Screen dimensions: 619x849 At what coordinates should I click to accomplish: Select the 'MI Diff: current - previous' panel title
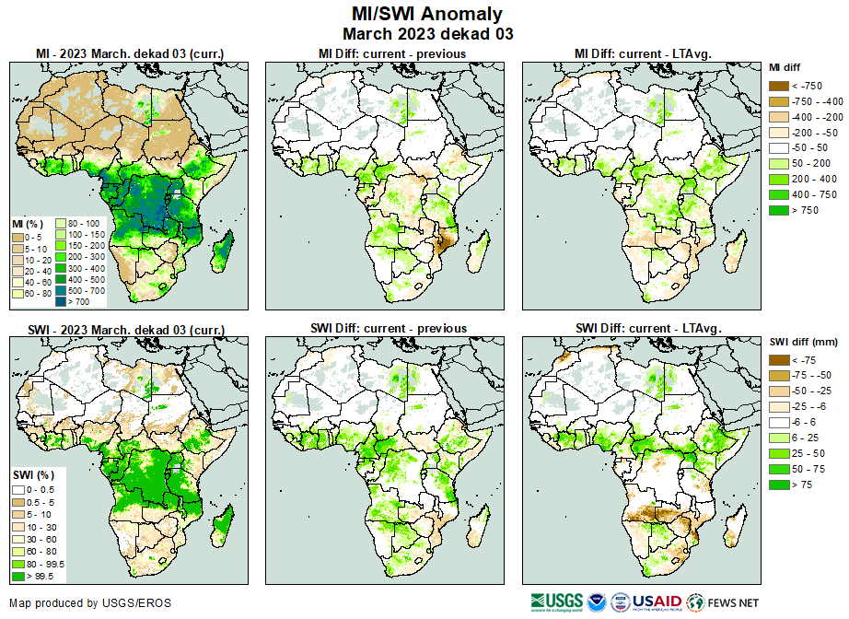391,53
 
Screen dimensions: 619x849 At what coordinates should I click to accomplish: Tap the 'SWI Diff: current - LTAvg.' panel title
647,328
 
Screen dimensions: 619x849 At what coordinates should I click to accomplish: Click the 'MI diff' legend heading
786,67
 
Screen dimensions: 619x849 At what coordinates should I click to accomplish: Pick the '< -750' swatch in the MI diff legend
779,86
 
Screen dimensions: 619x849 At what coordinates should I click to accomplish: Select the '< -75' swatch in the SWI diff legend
779,360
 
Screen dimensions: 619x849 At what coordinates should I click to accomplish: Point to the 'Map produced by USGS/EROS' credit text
89,603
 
